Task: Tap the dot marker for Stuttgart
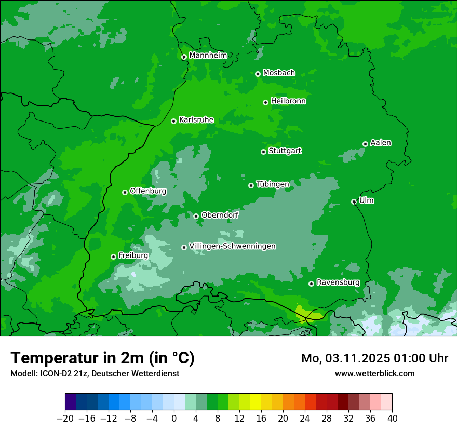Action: (x=263, y=152)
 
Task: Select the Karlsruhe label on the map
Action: (x=196, y=120)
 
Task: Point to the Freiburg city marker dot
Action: (x=113, y=257)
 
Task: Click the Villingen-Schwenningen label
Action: (x=232, y=246)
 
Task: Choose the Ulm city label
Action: (x=366, y=200)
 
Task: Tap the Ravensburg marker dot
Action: (x=311, y=284)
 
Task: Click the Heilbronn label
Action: (x=288, y=101)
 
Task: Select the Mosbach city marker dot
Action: (x=258, y=74)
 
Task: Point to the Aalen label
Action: (x=381, y=143)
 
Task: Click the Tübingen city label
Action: (x=272, y=184)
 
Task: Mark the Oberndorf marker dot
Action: (x=196, y=216)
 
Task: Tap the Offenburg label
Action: (x=148, y=191)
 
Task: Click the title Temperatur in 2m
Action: (x=102, y=358)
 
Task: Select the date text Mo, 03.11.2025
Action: (x=345, y=358)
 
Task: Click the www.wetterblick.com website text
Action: (x=374, y=373)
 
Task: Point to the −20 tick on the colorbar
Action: (x=65, y=419)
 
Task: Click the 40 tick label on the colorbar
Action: (x=392, y=419)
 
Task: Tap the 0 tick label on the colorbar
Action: (x=174, y=419)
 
